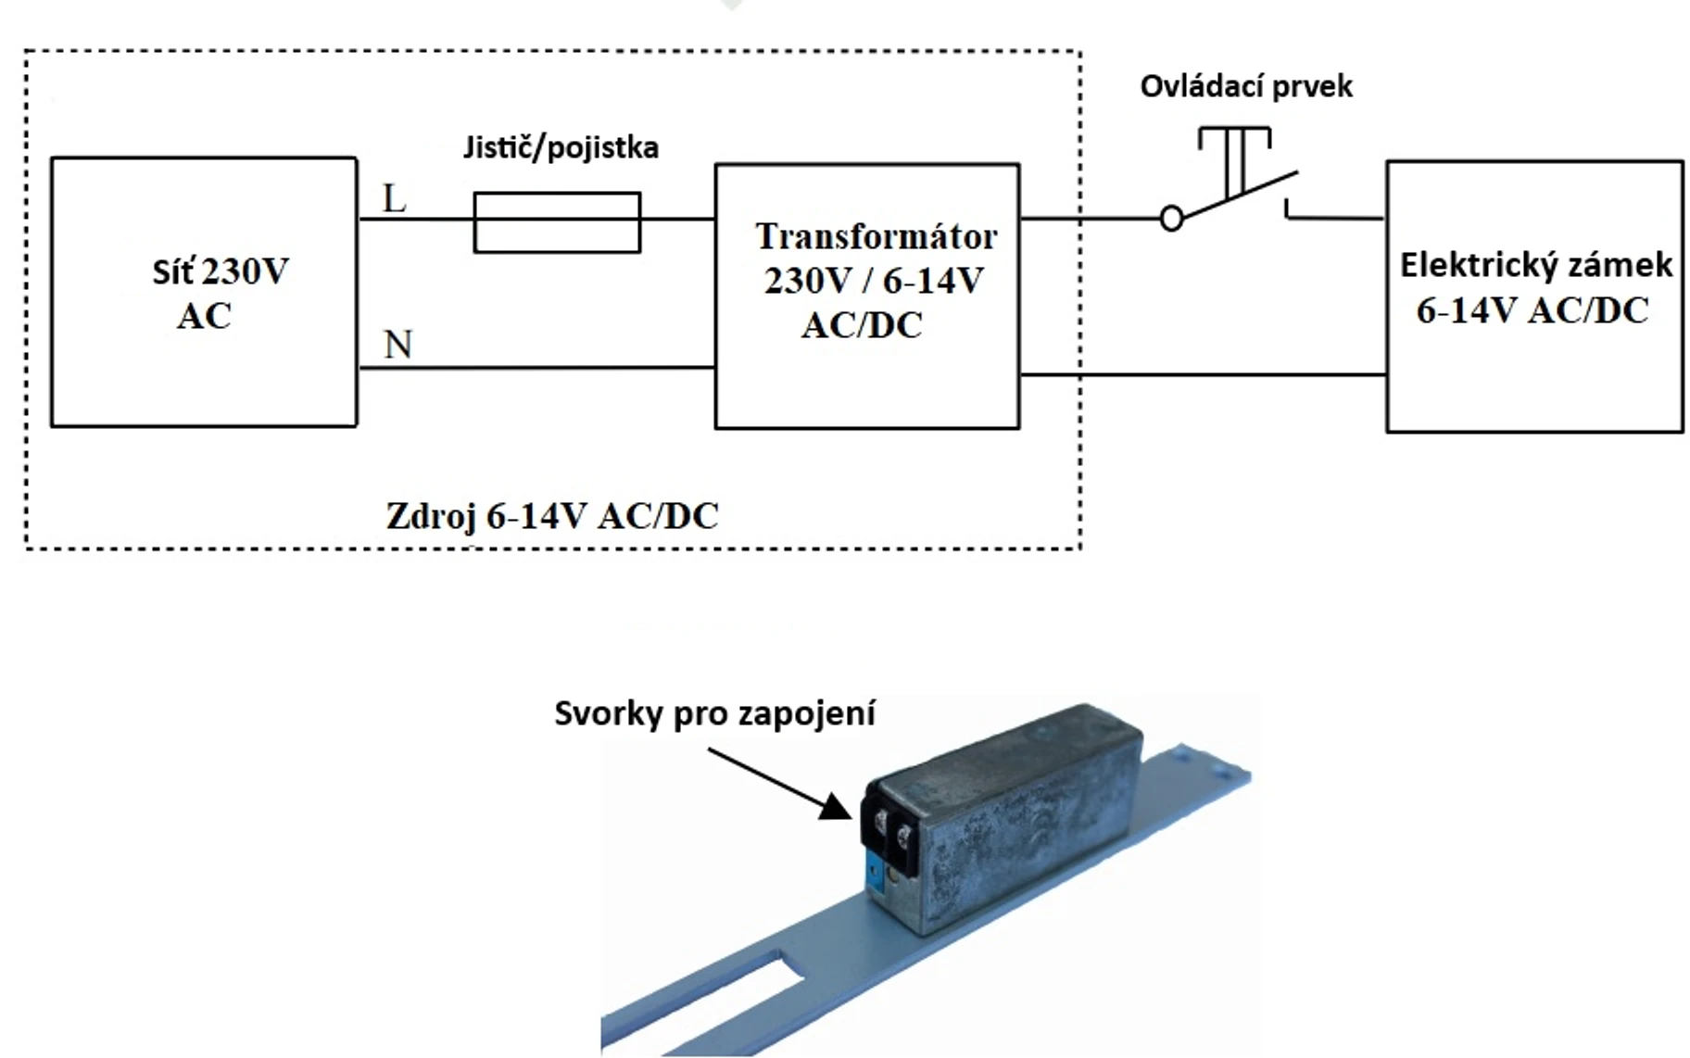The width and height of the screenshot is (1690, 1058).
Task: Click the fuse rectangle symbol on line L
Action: [x=557, y=222]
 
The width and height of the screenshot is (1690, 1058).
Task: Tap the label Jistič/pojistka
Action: [x=561, y=147]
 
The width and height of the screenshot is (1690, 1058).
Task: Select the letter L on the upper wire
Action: [x=395, y=198]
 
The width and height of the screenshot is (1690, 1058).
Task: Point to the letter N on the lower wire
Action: [x=397, y=345]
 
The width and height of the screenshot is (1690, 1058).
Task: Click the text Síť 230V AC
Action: [x=219, y=293]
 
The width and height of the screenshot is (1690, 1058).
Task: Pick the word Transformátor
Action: [x=876, y=236]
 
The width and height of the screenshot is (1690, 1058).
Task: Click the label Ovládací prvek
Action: [x=1245, y=86]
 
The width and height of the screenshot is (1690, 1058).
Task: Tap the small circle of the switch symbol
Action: [x=1171, y=220]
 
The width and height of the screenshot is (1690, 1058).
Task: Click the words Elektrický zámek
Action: [x=1535, y=266]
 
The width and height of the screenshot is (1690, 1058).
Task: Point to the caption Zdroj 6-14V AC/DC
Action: [x=552, y=516]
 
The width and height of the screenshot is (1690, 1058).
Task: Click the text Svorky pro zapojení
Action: [x=714, y=713]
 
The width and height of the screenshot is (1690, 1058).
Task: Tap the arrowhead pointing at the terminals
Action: [x=837, y=809]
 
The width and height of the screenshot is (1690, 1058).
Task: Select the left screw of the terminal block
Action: [x=880, y=821]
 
